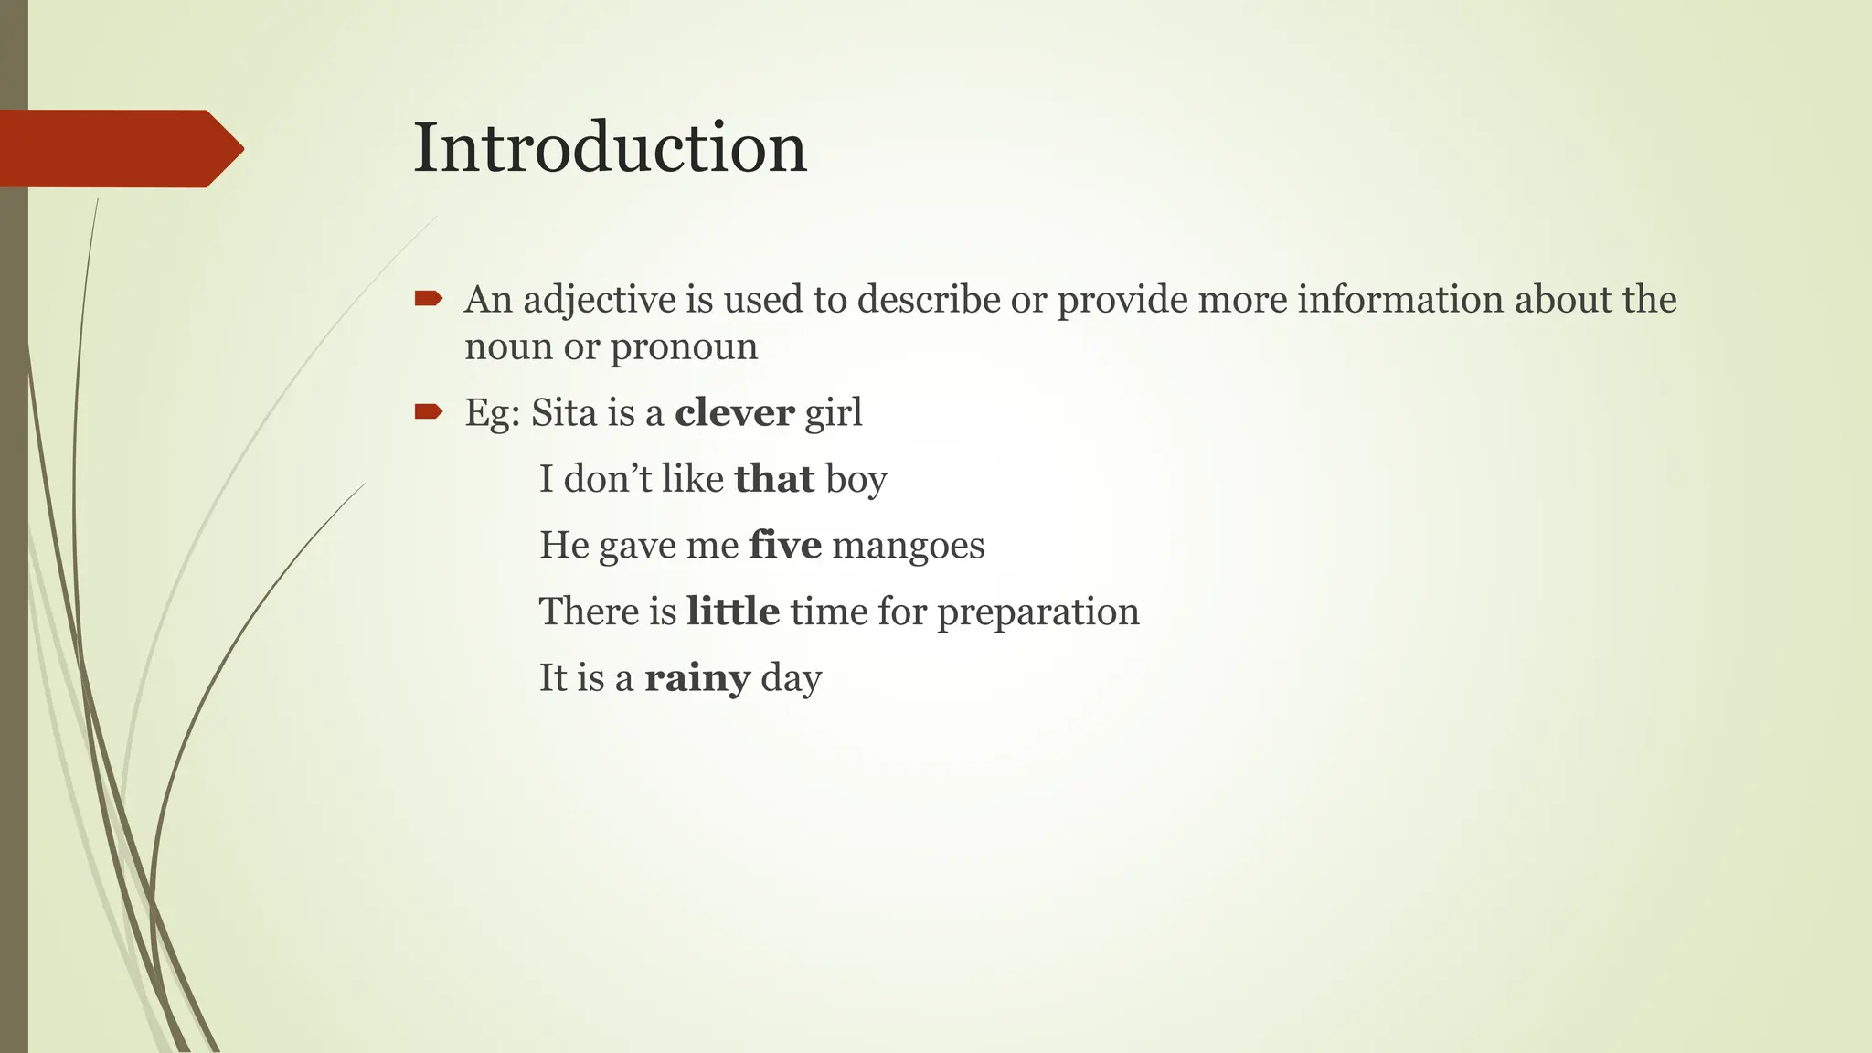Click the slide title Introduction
tap(610, 148)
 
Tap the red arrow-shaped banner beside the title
tap(119, 148)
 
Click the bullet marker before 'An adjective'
tap(428, 298)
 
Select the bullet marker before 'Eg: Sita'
tap(428, 412)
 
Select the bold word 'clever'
tap(735, 413)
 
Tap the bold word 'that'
tap(774, 479)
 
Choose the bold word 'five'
tap(785, 546)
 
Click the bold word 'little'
tap(733, 612)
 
